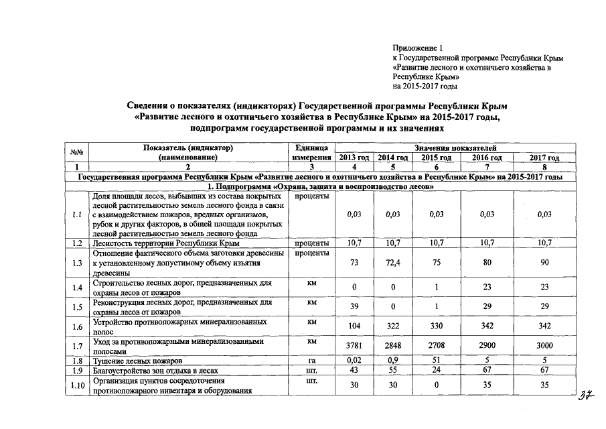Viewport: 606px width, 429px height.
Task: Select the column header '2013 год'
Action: pyautogui.click(x=354, y=158)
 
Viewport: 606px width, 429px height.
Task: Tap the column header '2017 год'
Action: pyautogui.click(x=544, y=158)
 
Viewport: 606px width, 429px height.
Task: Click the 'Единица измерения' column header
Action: pyautogui.click(x=311, y=152)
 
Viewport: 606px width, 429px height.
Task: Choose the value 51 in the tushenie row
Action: pyautogui.click(x=436, y=361)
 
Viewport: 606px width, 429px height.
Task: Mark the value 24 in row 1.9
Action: pyautogui.click(x=436, y=370)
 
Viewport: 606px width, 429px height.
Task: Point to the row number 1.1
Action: pyautogui.click(x=78, y=214)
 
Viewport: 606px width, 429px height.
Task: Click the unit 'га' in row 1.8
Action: pyautogui.click(x=311, y=361)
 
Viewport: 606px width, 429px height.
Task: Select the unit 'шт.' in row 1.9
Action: pyautogui.click(x=311, y=370)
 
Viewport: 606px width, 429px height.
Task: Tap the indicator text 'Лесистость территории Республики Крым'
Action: pyautogui.click(x=166, y=243)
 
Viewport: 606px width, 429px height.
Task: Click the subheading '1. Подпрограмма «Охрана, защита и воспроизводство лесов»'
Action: pyautogui.click(x=321, y=186)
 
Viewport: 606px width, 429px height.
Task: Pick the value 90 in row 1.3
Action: pyautogui.click(x=544, y=263)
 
